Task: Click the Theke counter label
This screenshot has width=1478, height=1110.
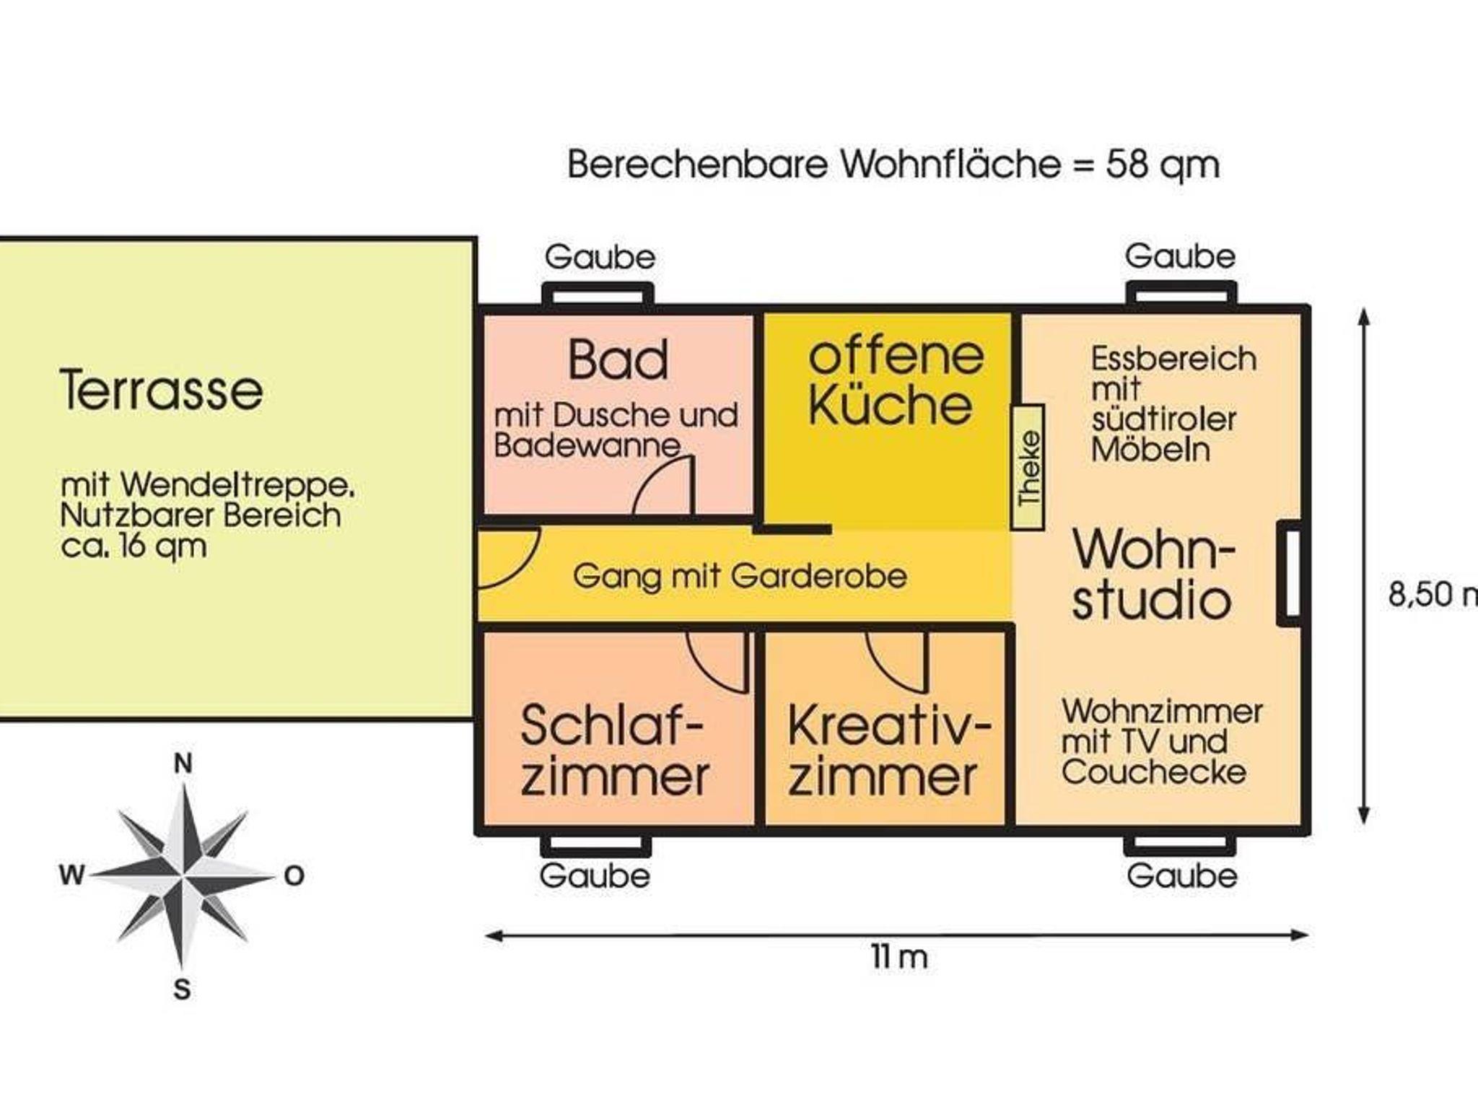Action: click(1028, 468)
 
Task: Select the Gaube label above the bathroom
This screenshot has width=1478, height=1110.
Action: click(600, 257)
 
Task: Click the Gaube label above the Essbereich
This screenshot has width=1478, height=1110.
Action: click(1180, 256)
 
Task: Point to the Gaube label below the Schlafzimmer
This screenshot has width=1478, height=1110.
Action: click(595, 876)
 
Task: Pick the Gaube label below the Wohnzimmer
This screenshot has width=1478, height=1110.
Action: click(1182, 876)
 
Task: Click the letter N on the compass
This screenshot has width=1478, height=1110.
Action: click(183, 763)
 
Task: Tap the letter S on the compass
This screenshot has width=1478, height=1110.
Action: click(182, 989)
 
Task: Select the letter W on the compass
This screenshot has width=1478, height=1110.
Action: click(71, 875)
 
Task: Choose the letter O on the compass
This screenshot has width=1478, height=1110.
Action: click(294, 876)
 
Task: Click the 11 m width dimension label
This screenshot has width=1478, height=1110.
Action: click(899, 958)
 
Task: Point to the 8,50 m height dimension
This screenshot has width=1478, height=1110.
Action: click(1433, 594)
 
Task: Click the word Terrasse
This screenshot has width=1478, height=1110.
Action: click(162, 390)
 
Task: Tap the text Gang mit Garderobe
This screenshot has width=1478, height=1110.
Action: click(740, 577)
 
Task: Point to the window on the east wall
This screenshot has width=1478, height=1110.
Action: click(1290, 572)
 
